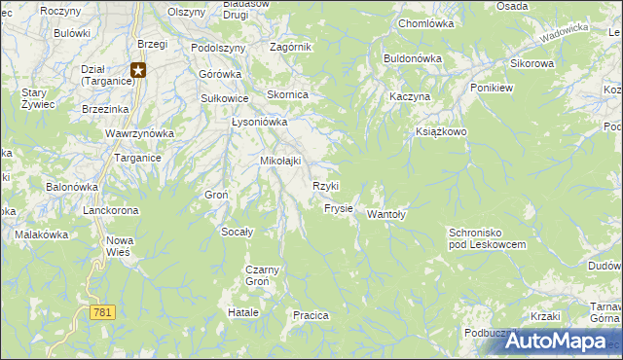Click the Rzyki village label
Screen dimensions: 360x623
coord(325,186)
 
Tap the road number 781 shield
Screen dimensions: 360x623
coord(102,312)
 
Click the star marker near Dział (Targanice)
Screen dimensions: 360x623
coord(138,69)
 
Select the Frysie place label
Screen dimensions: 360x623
coord(338,208)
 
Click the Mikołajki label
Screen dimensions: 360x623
coord(279,161)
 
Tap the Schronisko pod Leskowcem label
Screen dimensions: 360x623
coord(487,238)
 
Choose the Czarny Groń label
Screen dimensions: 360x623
coord(263,275)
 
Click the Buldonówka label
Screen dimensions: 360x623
coord(413,58)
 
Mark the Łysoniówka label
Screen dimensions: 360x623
coord(259,123)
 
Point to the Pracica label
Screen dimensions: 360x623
coord(311,315)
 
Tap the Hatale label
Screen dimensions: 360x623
coord(242,312)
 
